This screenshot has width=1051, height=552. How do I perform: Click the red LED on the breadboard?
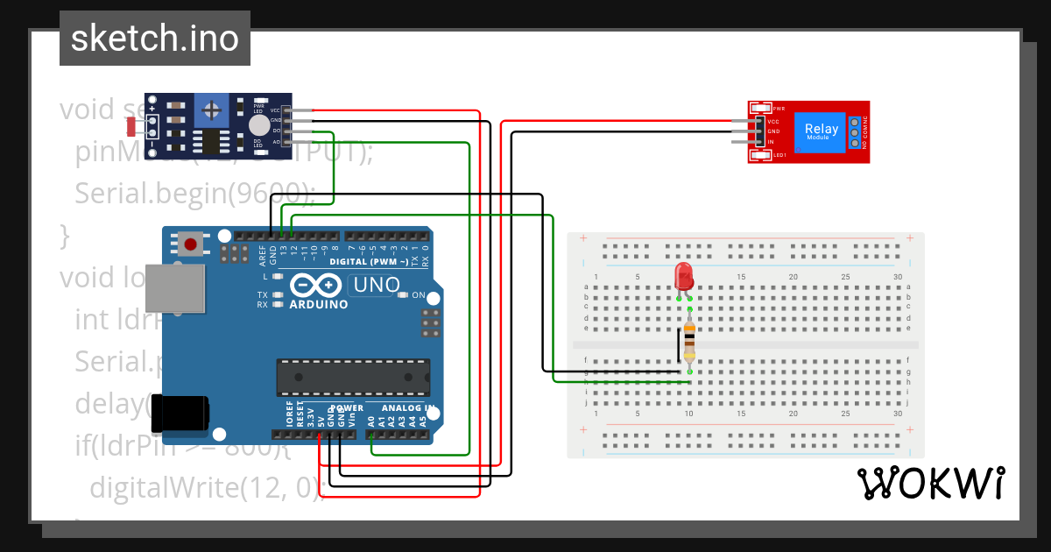click(684, 277)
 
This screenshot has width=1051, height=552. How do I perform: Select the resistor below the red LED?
click(689, 342)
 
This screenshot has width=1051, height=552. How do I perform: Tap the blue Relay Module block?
click(821, 131)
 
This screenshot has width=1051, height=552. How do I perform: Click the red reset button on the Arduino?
click(190, 243)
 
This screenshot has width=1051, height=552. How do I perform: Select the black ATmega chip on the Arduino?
click(353, 377)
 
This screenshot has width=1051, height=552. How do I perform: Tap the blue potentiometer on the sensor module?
click(211, 110)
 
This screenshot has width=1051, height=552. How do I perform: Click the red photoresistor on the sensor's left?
click(132, 126)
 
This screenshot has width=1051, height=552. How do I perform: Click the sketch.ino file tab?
click(155, 39)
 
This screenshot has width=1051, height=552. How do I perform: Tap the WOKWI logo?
click(930, 484)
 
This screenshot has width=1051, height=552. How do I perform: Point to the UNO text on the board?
click(375, 286)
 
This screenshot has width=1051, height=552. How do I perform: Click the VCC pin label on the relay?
click(773, 121)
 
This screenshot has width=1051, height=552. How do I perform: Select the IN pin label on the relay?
click(772, 142)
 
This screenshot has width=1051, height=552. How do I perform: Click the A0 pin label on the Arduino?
click(371, 421)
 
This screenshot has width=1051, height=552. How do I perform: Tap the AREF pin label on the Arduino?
click(262, 254)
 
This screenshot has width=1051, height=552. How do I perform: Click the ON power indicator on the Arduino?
click(418, 295)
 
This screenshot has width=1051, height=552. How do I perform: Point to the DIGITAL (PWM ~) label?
click(368, 262)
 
